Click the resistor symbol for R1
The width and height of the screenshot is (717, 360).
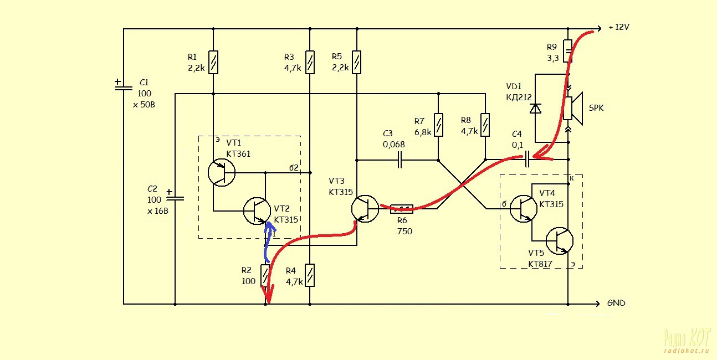click(x=213, y=62)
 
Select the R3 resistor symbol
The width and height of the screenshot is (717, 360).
click(x=310, y=62)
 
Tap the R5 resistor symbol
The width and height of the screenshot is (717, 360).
click(x=357, y=62)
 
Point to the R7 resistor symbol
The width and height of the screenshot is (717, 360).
click(x=438, y=125)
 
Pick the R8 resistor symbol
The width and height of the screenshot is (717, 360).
click(x=485, y=125)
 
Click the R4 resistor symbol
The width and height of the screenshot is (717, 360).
click(x=310, y=275)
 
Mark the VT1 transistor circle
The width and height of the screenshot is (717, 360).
click(x=222, y=172)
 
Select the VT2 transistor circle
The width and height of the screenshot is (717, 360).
click(x=257, y=211)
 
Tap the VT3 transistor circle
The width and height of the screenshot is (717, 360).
click(x=365, y=209)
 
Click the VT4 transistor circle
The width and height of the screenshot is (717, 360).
click(x=524, y=209)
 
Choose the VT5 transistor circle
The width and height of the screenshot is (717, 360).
click(x=560, y=241)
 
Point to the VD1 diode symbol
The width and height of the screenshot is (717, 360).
click(x=535, y=109)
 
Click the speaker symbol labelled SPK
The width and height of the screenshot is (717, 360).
click(x=573, y=109)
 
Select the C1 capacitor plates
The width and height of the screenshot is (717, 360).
click(x=124, y=88)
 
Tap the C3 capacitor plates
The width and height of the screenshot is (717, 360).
click(x=400, y=160)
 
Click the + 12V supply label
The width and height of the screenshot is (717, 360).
click(x=619, y=27)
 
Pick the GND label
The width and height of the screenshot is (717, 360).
click(x=616, y=303)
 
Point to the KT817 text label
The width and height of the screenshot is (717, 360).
click(x=540, y=264)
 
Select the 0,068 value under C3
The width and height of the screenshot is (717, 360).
click(x=394, y=145)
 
